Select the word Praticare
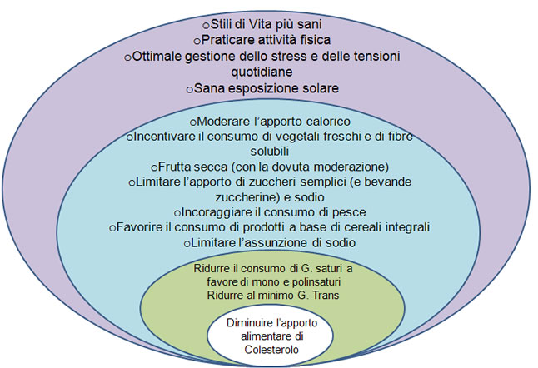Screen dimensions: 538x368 [227, 40]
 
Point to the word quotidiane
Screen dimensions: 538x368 [262, 72]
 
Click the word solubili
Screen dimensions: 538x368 [269, 151]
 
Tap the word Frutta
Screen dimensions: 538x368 [176, 167]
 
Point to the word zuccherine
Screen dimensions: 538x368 [244, 197]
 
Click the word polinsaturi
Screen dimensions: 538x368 [316, 282]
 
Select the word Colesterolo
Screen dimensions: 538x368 [271, 350]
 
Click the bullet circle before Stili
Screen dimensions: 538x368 [206, 26]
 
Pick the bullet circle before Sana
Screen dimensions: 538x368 [190, 90]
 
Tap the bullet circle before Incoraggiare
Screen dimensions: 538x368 [177, 214]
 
